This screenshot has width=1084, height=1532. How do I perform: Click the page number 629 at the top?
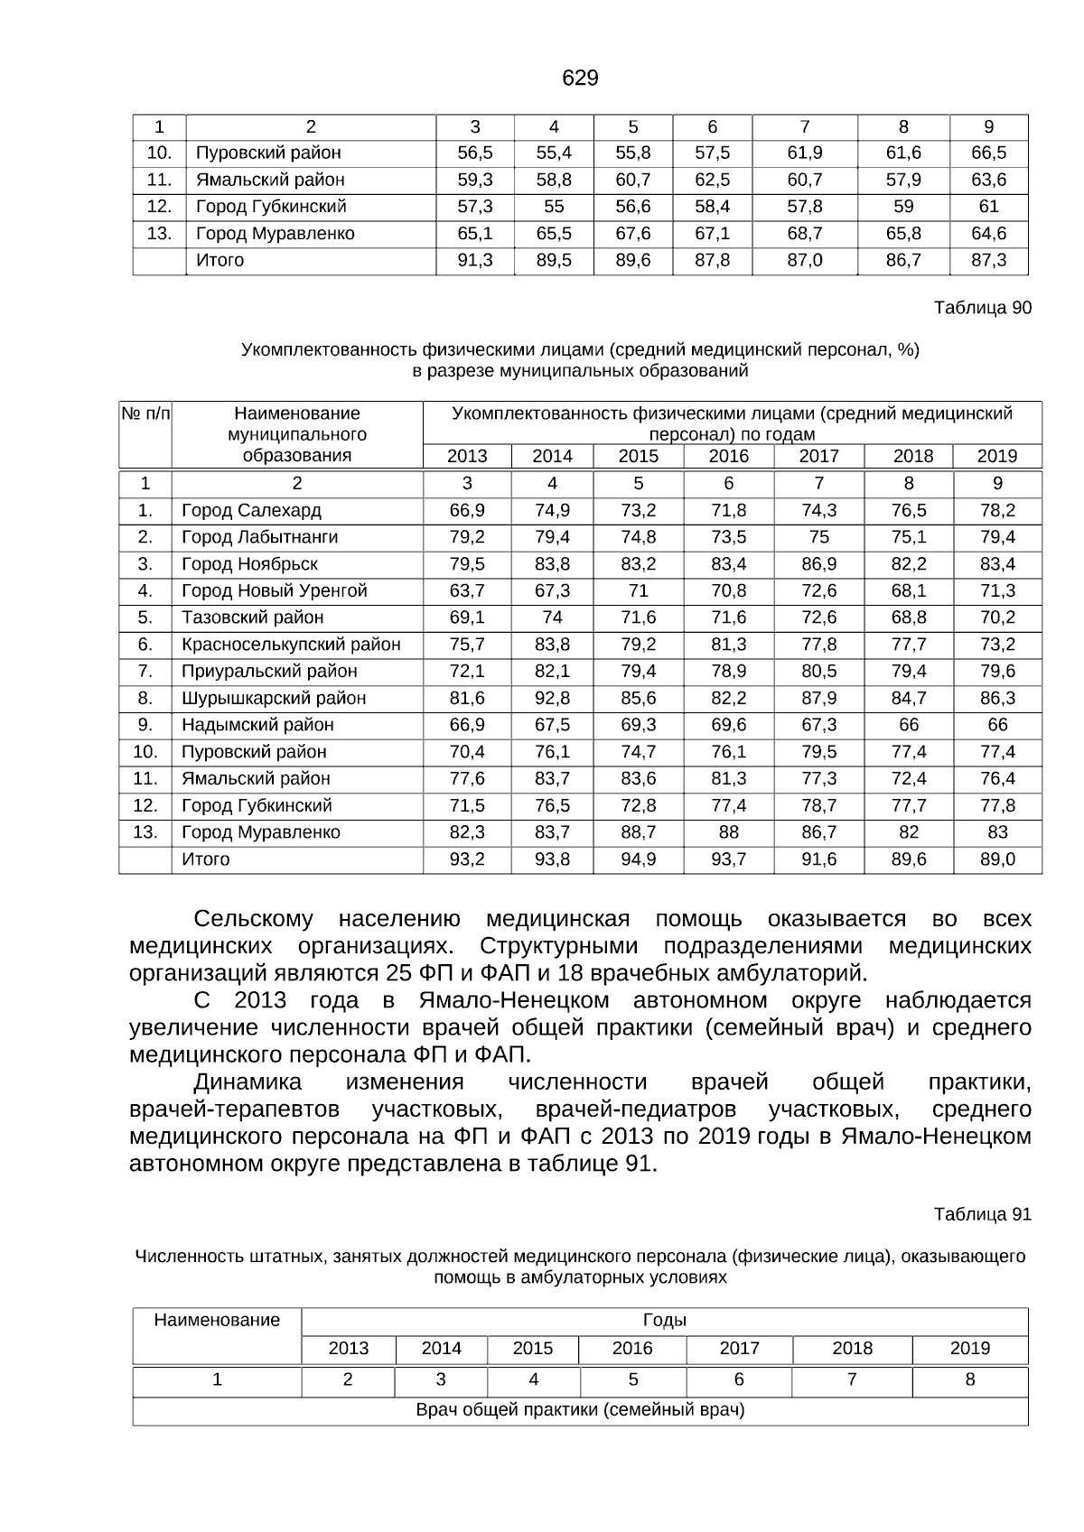580,79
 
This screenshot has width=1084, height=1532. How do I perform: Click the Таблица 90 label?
982,308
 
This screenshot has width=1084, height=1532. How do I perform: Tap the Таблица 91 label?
982,1214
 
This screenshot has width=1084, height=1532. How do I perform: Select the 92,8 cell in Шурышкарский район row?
552,698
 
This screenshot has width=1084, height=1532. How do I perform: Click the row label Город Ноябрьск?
249,564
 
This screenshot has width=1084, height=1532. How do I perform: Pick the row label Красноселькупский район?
291,645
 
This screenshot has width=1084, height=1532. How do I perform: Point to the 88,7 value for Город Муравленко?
638,832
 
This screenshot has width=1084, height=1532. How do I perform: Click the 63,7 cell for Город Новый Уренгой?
467,591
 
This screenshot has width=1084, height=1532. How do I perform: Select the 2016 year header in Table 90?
728,456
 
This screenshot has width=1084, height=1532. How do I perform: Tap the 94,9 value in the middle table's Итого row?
638,859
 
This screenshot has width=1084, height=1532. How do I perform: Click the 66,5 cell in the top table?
988,153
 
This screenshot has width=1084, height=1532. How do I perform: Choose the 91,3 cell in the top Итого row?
474,261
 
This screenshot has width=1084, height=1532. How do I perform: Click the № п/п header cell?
145,413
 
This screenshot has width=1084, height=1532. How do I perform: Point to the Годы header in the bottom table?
664,1321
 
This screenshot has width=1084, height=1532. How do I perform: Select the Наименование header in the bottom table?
217,1321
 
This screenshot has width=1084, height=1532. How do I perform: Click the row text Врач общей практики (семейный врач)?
580,1410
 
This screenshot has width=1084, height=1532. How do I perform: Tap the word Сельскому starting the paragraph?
253,919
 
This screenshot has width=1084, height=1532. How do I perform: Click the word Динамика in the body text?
247,1082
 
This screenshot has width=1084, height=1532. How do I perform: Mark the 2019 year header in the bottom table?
969,1349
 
